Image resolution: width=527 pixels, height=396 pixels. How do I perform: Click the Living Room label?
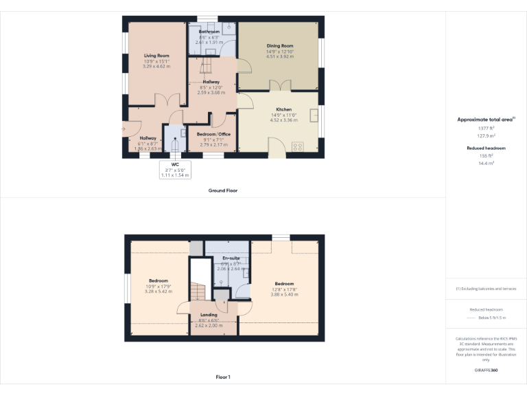point(156,56)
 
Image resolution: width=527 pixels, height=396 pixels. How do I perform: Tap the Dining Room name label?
point(280,46)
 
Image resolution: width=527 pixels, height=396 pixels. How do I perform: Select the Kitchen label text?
point(283,109)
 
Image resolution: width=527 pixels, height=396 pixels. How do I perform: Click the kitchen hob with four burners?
point(298,146)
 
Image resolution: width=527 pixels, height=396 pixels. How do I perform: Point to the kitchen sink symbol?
point(314,115)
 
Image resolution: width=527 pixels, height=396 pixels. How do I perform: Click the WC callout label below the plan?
point(175,164)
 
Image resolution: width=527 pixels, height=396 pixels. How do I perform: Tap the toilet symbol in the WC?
point(174,144)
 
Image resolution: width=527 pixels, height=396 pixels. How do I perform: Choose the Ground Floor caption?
point(223,190)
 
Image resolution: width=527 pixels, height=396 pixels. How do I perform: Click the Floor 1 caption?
point(223,377)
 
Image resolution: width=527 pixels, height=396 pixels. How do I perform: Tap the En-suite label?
point(231,258)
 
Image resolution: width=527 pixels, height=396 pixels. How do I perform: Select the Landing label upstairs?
point(209,316)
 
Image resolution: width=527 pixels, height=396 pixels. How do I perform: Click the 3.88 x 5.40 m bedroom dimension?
point(284,294)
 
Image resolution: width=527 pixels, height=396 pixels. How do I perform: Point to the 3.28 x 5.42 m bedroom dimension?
point(159,291)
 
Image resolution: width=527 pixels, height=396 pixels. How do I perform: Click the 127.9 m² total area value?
point(486,135)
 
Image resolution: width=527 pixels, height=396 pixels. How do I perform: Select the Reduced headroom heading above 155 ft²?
point(486,148)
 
